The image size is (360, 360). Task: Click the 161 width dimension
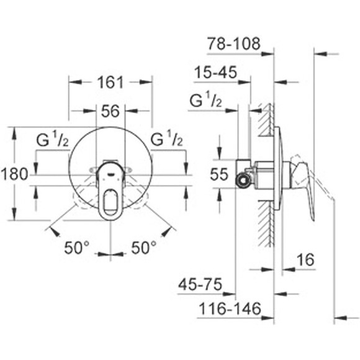point(110,81)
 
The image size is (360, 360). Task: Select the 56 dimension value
point(110,111)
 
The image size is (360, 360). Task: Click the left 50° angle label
point(78,248)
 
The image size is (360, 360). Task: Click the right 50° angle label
point(143,248)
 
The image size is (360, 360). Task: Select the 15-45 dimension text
point(215,73)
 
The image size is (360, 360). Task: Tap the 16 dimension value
point(305,260)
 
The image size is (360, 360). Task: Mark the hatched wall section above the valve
point(267,124)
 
